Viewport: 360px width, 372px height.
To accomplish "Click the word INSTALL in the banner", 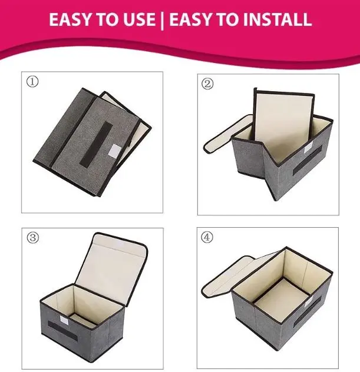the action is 278,19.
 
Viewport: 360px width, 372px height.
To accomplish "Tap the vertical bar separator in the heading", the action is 162,20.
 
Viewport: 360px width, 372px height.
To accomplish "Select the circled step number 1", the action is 32,82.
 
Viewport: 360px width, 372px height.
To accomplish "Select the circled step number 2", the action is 207,84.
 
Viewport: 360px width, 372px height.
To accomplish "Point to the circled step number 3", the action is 32,237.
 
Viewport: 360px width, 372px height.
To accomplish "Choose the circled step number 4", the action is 207,237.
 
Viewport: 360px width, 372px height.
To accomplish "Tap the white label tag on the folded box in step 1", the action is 114,150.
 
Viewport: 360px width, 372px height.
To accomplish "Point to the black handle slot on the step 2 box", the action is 307,160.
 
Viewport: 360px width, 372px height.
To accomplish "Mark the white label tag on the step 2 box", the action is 308,148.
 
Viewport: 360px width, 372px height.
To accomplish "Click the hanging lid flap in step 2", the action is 228,134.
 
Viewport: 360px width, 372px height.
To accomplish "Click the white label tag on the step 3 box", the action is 64,320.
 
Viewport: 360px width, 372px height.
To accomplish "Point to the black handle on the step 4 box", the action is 308,313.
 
